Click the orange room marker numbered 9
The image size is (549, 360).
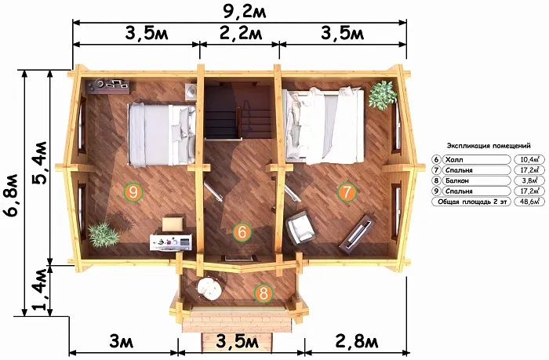pyautogui.click(x=133, y=192)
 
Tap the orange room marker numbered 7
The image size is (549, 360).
pyautogui.click(x=347, y=192)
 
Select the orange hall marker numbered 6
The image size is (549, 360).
pyautogui.click(x=242, y=232)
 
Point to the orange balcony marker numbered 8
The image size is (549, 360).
pyautogui.click(x=264, y=293)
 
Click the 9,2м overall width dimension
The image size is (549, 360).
pyautogui.click(x=245, y=11)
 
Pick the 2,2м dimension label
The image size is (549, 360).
pyautogui.click(x=241, y=34)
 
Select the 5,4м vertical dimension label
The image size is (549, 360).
pyautogui.click(x=39, y=163)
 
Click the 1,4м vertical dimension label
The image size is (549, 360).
pyautogui.click(x=39, y=289)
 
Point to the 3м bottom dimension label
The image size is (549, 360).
pyautogui.click(x=121, y=342)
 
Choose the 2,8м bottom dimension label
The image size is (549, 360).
pyautogui.click(x=357, y=342)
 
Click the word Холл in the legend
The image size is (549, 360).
pyautogui.click(x=454, y=160)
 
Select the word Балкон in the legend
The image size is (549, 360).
pyautogui.click(x=456, y=180)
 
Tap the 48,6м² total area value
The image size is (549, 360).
pyautogui.click(x=529, y=202)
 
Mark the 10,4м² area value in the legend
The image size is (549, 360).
pyautogui.click(x=529, y=160)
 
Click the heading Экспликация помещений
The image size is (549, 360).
pyautogui.click(x=489, y=146)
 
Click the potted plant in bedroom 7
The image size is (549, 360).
pyautogui.click(x=383, y=95)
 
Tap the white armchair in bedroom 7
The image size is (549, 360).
pyautogui.click(x=300, y=227)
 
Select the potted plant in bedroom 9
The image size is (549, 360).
pyautogui.click(x=104, y=234)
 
